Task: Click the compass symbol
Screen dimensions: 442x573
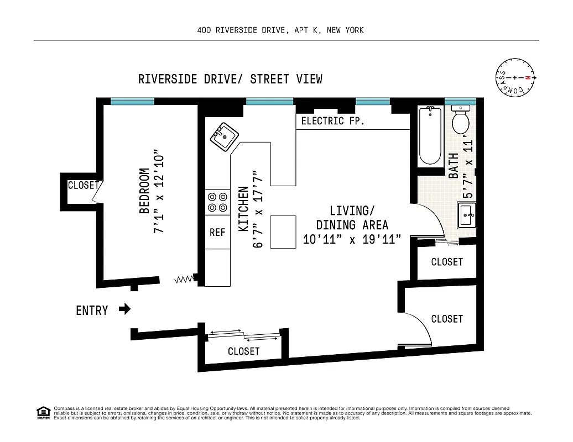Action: pyautogui.click(x=515, y=78)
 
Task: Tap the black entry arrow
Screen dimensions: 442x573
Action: pyautogui.click(x=125, y=309)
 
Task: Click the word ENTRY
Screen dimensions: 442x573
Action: pyautogui.click(x=92, y=311)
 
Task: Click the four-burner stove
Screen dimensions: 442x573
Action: pyautogui.click(x=217, y=202)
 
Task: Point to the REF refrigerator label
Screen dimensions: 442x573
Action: pyautogui.click(x=217, y=233)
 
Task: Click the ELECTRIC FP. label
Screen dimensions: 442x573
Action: pyautogui.click(x=332, y=121)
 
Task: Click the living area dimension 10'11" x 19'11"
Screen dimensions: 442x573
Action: pyautogui.click(x=352, y=239)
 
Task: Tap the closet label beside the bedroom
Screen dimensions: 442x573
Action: pyautogui.click(x=83, y=186)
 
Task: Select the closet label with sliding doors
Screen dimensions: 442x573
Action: pyautogui.click(x=243, y=351)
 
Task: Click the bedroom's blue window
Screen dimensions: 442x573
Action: pyautogui.click(x=132, y=101)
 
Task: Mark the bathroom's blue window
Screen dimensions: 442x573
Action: pyautogui.click(x=460, y=101)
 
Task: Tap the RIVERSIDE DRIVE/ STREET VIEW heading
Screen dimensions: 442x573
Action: pyautogui.click(x=230, y=79)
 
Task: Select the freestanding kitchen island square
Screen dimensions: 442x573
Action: pyautogui.click(x=284, y=232)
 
